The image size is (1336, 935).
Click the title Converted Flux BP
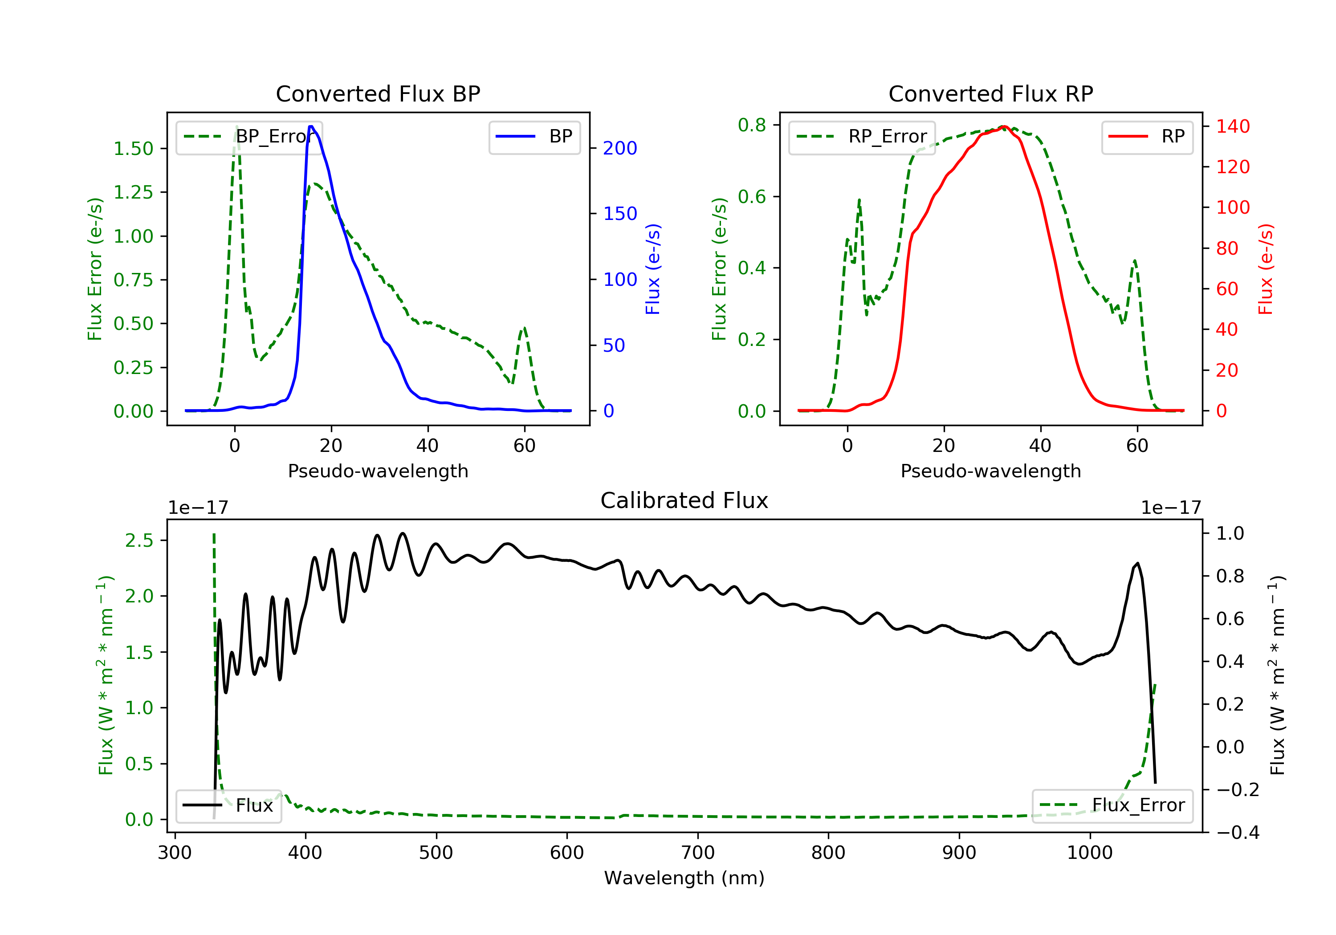(378, 93)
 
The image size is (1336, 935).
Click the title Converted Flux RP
(991, 93)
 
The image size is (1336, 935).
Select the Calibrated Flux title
(684, 500)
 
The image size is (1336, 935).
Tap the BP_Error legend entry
(249, 137)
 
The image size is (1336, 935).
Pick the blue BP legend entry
(534, 137)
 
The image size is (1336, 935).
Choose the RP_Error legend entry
(862, 137)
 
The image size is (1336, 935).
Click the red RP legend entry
(1147, 137)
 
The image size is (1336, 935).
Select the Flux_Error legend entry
(1112, 805)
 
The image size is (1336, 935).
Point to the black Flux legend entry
(228, 805)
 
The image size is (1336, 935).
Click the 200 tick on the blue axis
(620, 148)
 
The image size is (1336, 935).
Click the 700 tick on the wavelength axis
(698, 853)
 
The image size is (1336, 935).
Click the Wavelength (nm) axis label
(684, 878)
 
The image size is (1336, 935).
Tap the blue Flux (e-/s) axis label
(653, 269)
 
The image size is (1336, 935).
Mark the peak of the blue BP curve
(311, 126)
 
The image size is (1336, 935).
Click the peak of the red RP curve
(1004, 126)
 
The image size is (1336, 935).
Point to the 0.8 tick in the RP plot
(751, 125)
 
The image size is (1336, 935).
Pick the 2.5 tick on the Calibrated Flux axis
(138, 541)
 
